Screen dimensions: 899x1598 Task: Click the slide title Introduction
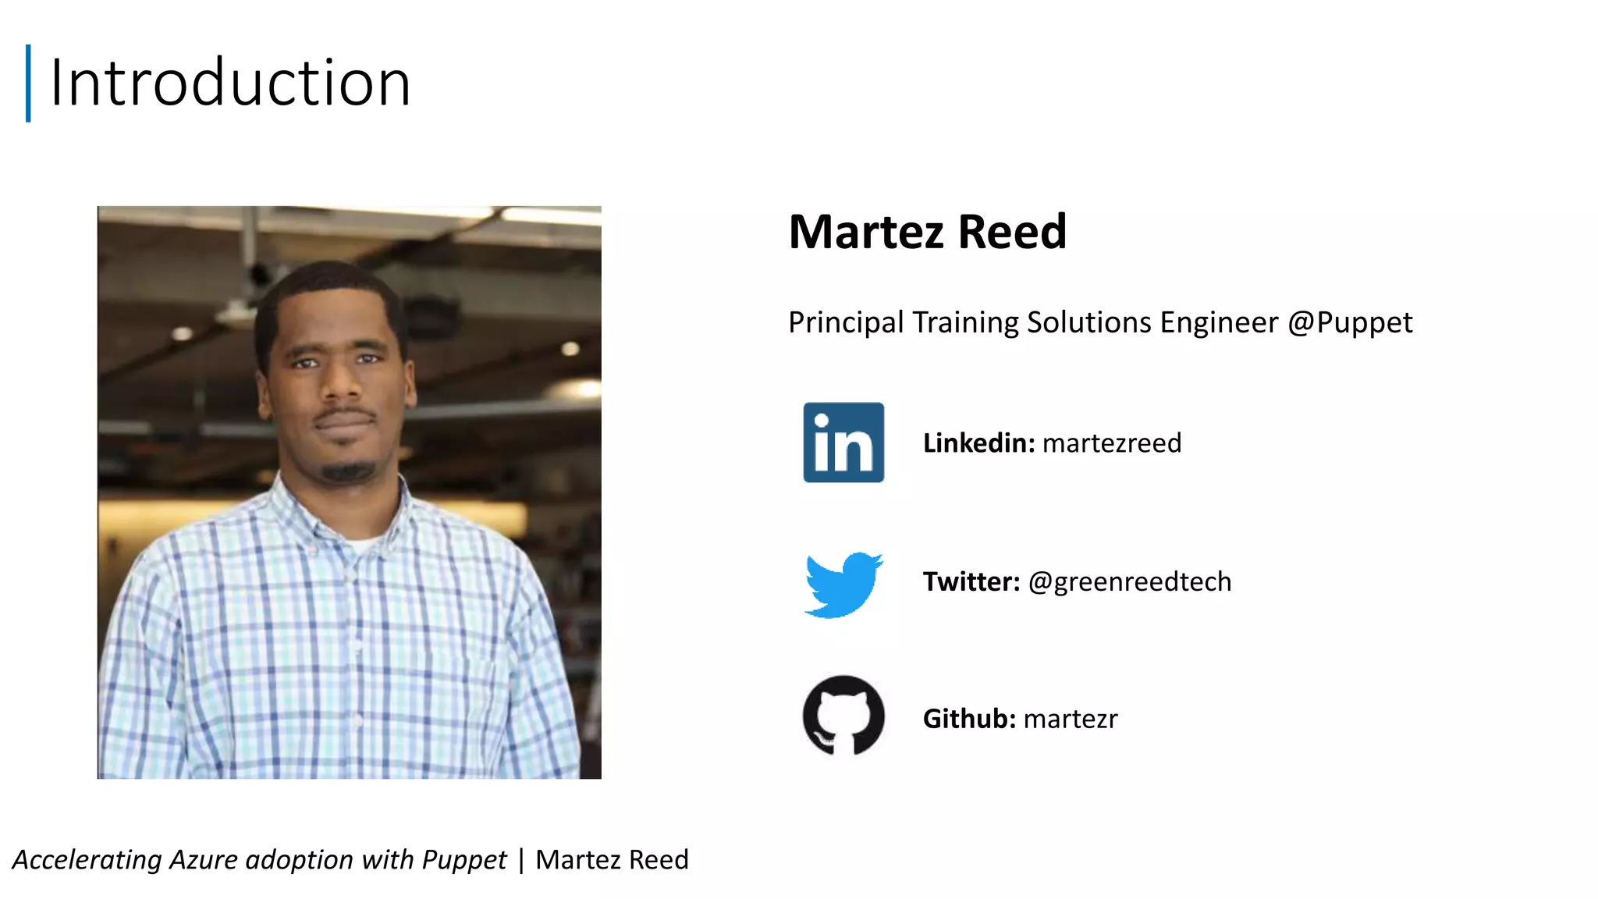pyautogui.click(x=230, y=83)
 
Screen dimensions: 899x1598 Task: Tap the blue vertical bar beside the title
pyautogui.click(x=28, y=83)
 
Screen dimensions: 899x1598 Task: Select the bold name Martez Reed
pyautogui.click(x=927, y=232)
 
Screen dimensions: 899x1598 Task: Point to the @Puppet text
pyautogui.click(x=1350, y=322)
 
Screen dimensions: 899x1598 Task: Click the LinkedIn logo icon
pyautogui.click(x=843, y=442)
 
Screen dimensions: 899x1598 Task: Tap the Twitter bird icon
pyautogui.click(x=843, y=584)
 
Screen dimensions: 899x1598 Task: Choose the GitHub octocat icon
pyautogui.click(x=843, y=716)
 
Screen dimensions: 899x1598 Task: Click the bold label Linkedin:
pyautogui.click(x=978, y=443)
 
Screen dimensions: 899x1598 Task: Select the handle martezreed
pyautogui.click(x=1112, y=443)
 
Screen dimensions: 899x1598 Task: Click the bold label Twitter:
pyautogui.click(x=971, y=582)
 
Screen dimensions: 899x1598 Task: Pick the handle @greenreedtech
pyautogui.click(x=1130, y=582)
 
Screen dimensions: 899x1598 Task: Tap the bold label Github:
pyautogui.click(x=969, y=719)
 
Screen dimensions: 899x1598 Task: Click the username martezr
pyautogui.click(x=1071, y=719)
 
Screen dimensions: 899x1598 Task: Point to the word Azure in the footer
pyautogui.click(x=203, y=860)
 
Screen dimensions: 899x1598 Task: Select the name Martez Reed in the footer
pyautogui.click(x=612, y=860)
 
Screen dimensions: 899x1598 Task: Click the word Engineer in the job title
pyautogui.click(x=1219, y=322)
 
